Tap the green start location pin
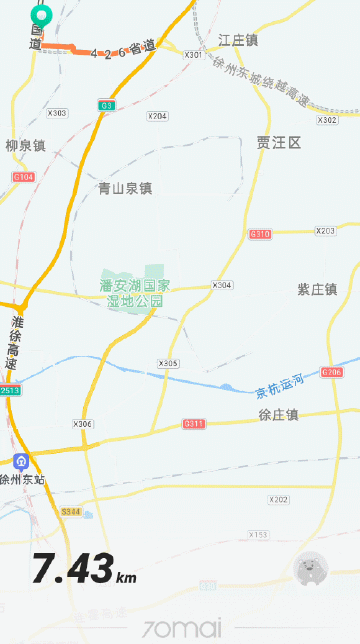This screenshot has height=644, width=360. [41, 15]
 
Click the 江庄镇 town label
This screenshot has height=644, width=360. [238, 40]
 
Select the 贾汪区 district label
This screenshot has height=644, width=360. [278, 143]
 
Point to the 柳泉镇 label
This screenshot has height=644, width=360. [25, 146]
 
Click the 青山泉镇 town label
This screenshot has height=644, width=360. [125, 188]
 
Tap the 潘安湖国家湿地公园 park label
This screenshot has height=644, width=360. [135, 293]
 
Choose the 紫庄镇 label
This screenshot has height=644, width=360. [317, 289]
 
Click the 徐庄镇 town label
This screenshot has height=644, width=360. [279, 414]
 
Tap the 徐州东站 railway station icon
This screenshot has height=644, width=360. [21, 462]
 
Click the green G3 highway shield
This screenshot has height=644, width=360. [106, 105]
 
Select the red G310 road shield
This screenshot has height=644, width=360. [259, 234]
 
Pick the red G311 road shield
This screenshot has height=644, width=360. [193, 424]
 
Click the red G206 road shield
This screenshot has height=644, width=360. [332, 372]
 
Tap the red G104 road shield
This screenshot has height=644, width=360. [23, 177]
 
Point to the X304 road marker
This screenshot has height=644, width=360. [222, 285]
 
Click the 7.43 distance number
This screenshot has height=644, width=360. [72, 570]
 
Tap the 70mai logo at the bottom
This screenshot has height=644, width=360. [181, 628]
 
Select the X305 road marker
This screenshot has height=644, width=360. [168, 362]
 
